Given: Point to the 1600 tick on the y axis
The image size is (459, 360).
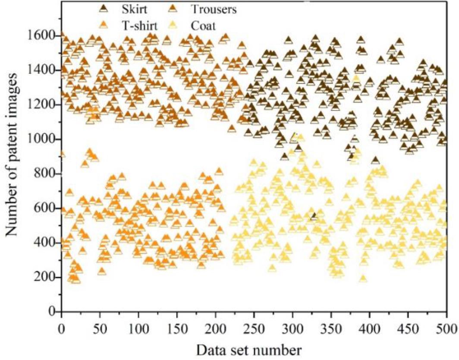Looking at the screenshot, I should point(44,35).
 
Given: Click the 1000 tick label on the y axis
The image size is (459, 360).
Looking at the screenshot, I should point(44,139).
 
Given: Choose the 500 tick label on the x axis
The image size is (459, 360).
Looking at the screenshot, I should point(446,325).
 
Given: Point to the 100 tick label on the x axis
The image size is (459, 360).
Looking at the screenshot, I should point(138,325).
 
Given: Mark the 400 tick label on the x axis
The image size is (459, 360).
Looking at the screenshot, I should point(369,325).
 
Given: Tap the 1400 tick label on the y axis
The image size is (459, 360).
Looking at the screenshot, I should point(44,70).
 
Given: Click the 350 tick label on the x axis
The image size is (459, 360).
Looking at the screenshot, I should point(331,325).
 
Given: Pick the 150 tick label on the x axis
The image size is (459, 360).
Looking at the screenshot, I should point(177,325).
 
